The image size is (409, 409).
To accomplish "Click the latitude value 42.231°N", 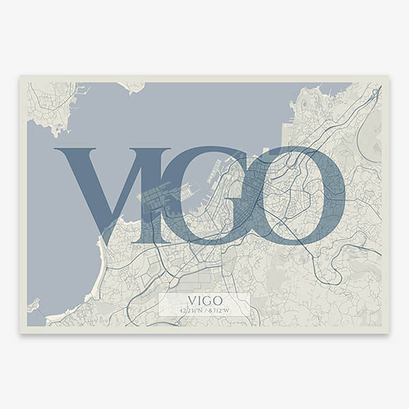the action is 192,311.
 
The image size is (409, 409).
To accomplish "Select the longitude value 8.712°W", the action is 218,311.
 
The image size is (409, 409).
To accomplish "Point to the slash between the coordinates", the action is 204,311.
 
